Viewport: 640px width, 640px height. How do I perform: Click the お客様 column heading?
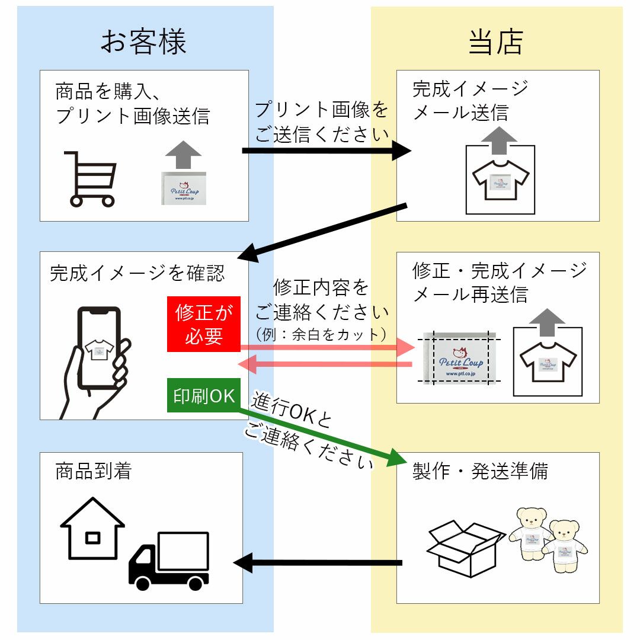143,42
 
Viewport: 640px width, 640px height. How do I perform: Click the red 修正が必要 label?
203,324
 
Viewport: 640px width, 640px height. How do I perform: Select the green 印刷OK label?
204,395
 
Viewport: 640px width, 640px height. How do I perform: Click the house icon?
92,529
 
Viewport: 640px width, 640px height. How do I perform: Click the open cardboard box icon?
465,548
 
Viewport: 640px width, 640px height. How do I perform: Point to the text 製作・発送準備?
481,472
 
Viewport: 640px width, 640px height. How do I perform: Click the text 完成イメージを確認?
137,273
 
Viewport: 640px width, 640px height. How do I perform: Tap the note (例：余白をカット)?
321,334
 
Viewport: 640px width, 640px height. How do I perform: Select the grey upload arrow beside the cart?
184,155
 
